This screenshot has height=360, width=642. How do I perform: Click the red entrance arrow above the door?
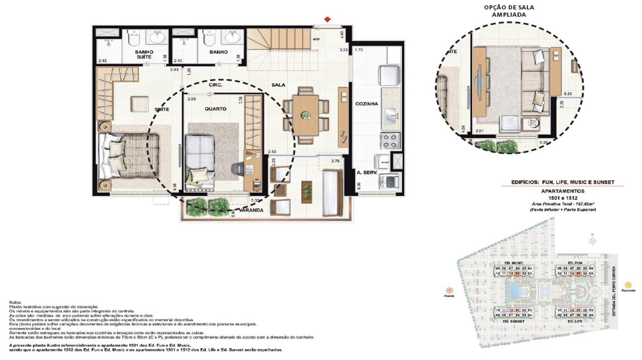(x=328, y=19)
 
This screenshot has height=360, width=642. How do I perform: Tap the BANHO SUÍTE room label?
(x=144, y=54)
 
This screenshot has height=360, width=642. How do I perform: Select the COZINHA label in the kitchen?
(x=366, y=104)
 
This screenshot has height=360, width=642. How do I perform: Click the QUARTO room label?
(x=215, y=109)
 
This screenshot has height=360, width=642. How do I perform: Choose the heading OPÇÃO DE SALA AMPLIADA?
(x=508, y=11)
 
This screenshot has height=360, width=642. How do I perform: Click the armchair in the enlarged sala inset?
(x=509, y=124)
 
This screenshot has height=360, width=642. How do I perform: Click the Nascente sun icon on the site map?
(x=628, y=285)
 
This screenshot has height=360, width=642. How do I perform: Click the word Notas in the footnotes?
(x=15, y=303)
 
